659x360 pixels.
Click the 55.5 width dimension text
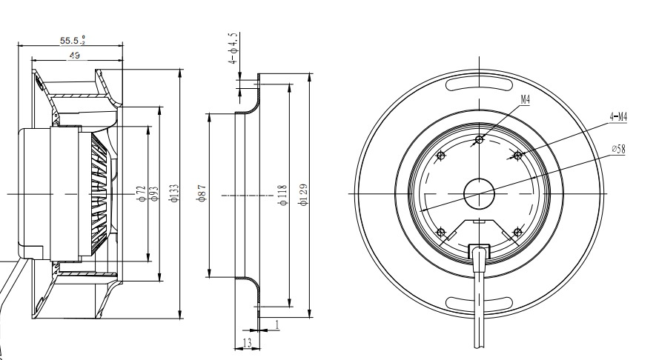pos(73,40)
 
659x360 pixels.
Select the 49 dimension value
pos(74,55)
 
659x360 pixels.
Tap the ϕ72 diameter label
pos(142,193)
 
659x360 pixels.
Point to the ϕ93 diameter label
pos(154,193)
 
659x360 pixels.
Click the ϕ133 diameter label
pos(174,193)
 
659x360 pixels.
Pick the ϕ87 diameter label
pos(202,193)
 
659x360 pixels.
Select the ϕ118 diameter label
pos(283,195)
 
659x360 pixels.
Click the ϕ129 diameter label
pos(304,195)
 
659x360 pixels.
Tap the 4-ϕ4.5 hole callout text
pos(234,48)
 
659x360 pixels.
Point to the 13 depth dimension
pos(247,343)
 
